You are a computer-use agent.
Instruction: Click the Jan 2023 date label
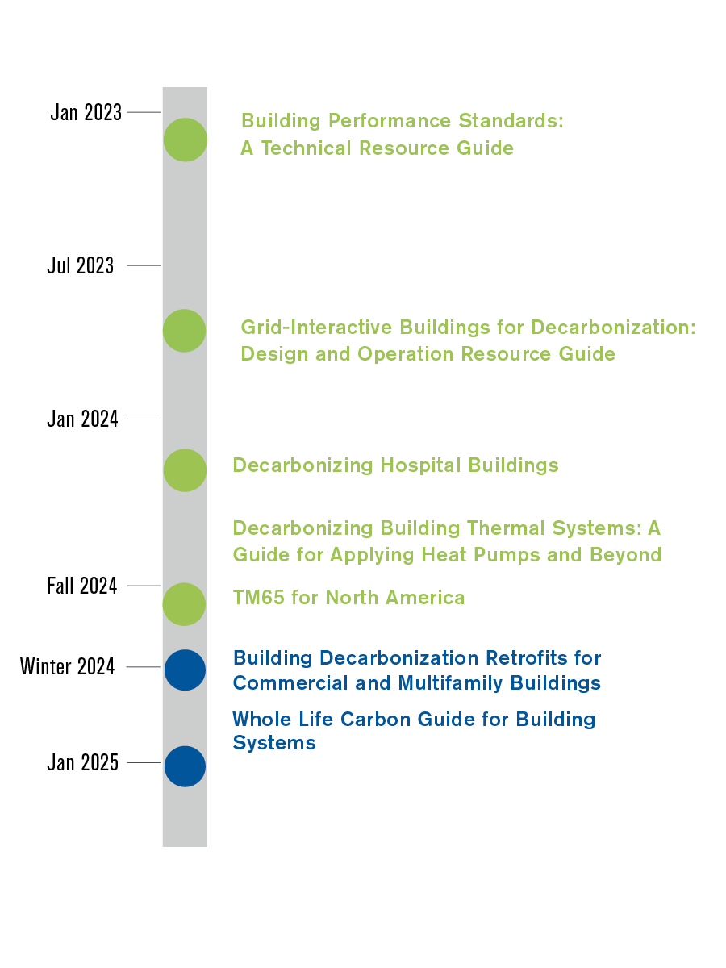(x=86, y=112)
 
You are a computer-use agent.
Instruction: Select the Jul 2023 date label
(x=80, y=265)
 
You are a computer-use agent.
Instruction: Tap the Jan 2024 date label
(x=82, y=419)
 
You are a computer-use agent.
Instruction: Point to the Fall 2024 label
(x=81, y=586)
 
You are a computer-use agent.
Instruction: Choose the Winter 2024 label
(x=68, y=667)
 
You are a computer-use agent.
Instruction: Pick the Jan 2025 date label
(x=82, y=762)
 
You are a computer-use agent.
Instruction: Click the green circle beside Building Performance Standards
(x=186, y=140)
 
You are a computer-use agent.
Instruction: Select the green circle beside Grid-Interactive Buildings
(x=185, y=331)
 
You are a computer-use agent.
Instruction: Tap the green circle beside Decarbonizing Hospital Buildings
(x=185, y=470)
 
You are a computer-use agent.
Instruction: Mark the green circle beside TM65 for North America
(x=185, y=604)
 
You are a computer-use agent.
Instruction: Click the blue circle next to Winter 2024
(x=185, y=670)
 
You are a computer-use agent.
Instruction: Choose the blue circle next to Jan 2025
(x=185, y=766)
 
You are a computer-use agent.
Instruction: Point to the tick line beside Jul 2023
(x=144, y=265)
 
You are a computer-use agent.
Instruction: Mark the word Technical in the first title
(x=307, y=148)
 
